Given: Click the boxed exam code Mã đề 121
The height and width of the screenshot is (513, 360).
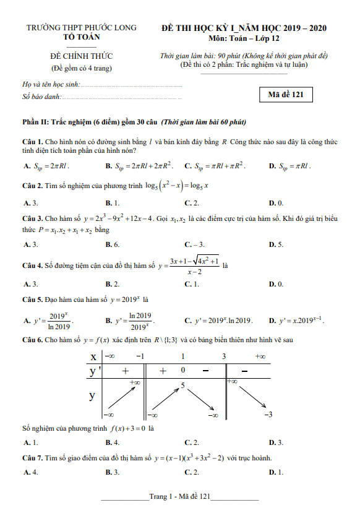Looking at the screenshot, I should [x=286, y=95].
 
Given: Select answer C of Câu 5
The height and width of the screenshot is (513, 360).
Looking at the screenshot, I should [x=218, y=321].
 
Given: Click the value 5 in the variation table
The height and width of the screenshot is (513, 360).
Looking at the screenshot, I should [x=182, y=386].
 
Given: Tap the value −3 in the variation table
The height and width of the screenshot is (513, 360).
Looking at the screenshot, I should [x=268, y=415].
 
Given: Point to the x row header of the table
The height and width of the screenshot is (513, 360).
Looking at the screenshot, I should [x=93, y=356].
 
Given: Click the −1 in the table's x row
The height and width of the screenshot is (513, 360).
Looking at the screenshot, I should [x=140, y=356].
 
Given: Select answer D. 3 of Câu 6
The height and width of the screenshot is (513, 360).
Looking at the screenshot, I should [x=276, y=442].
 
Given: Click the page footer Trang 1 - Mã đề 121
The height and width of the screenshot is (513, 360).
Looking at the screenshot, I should [x=180, y=496].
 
